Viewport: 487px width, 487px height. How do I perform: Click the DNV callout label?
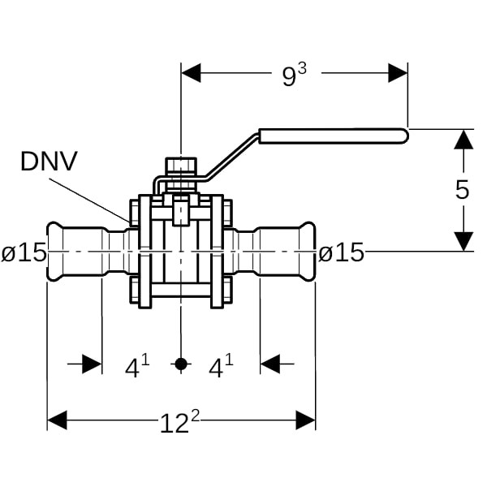point(49,162)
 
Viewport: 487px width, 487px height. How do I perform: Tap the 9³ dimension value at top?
point(295,75)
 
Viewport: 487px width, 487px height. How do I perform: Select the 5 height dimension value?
point(462,190)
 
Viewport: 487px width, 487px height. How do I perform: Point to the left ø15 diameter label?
point(24,253)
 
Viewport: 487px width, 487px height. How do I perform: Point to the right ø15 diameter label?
point(341,253)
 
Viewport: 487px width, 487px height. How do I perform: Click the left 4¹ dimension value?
point(137,367)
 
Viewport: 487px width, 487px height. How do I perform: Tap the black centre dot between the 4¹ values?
point(181,364)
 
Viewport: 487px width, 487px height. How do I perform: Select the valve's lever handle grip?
point(333,135)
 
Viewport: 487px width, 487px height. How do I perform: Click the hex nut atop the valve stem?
point(180,167)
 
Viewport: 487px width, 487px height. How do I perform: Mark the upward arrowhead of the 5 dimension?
point(463,139)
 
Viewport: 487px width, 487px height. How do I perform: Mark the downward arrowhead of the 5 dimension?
point(463,241)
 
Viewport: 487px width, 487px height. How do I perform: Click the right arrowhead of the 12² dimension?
point(306,420)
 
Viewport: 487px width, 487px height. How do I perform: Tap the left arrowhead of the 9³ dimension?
point(191,73)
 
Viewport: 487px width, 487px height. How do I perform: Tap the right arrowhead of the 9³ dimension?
point(398,73)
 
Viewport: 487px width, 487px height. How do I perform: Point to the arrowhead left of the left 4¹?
point(93,364)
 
